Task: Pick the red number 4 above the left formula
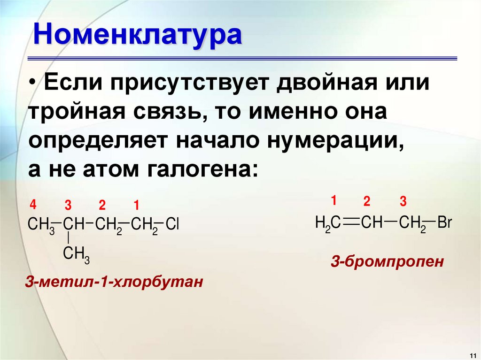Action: (32, 204)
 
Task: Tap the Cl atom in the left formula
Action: (173, 224)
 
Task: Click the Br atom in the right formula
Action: (444, 222)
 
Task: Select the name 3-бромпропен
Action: (387, 261)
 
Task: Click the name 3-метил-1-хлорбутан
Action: (115, 282)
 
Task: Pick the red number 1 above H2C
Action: (334, 201)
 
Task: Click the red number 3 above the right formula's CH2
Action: (403, 202)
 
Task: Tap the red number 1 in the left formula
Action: (136, 205)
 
